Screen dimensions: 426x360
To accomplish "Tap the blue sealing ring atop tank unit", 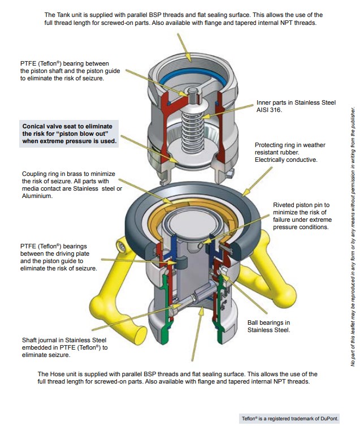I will (192, 79).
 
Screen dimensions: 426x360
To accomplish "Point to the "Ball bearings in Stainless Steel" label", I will (269, 326).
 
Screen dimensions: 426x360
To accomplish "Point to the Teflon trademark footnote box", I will (290, 418).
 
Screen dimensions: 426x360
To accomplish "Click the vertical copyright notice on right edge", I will (352, 238).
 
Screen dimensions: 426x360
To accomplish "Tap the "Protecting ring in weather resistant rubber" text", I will (290, 149).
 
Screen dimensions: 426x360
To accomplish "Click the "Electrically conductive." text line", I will (286, 160).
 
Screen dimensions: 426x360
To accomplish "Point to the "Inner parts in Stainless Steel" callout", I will (296, 102).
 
